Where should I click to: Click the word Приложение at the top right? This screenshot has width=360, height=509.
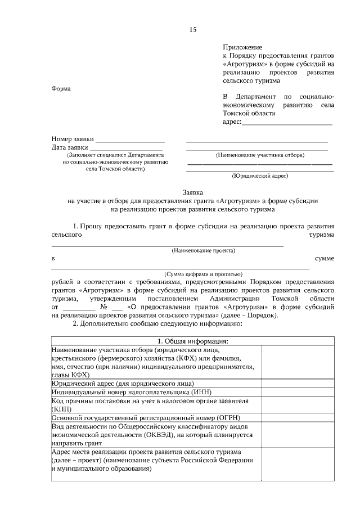pos(242,48)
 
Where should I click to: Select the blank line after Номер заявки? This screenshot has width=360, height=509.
pos(130,139)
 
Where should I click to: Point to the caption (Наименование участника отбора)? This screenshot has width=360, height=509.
pos(260,155)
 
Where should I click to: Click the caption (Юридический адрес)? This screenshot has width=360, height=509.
pos(260,175)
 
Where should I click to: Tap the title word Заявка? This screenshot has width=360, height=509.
pos(193,191)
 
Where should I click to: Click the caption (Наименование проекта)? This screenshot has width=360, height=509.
pos(203,250)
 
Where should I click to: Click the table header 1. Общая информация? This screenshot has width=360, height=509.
pos(192,341)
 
